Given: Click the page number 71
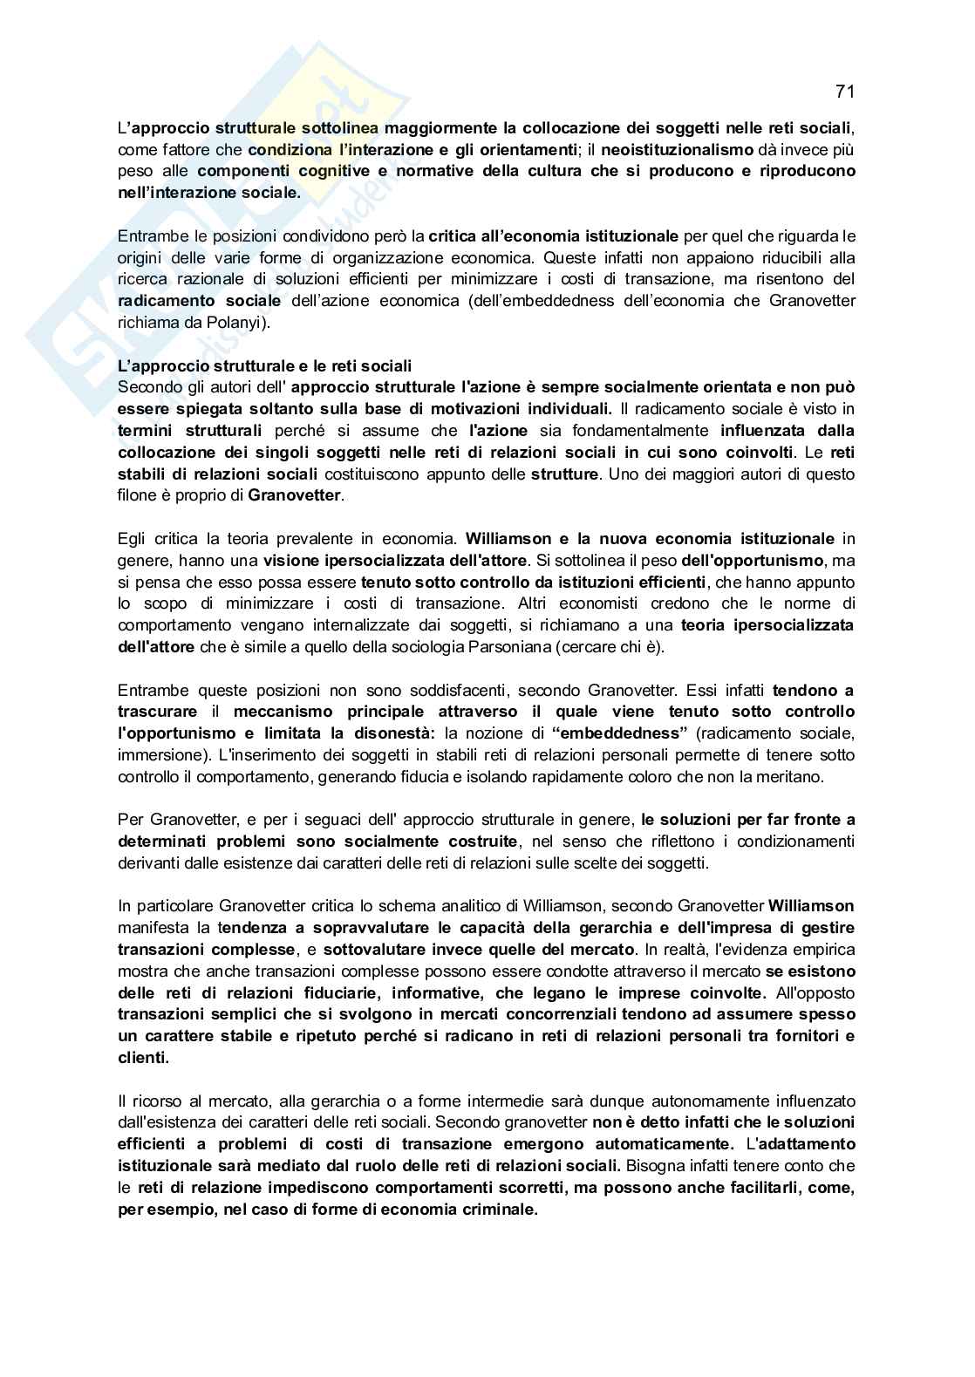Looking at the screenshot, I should (x=844, y=92).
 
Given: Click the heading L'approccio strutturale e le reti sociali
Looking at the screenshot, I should (x=264, y=365).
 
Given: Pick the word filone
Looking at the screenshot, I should (x=136, y=496).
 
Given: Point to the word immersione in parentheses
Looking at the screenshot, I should (x=158, y=754).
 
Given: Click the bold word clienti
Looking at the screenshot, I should (x=143, y=1057).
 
